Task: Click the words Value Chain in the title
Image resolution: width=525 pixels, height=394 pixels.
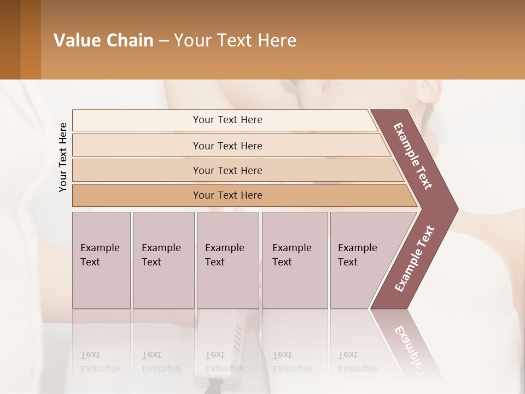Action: (103, 40)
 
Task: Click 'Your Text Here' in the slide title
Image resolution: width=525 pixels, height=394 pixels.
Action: (235, 40)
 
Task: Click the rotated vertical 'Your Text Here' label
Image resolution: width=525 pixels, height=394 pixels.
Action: (63, 157)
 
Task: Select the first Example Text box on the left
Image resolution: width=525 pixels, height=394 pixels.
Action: (101, 260)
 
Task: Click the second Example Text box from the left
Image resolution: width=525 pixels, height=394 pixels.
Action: (164, 260)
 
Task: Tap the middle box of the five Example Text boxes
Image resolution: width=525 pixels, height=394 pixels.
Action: (227, 260)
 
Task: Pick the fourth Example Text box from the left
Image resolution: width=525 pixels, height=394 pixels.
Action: (295, 260)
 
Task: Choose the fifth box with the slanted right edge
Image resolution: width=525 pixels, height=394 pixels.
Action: (361, 260)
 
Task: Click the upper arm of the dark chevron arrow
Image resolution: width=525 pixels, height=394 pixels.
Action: (413, 156)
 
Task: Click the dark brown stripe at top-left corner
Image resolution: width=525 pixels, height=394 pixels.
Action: (10, 39)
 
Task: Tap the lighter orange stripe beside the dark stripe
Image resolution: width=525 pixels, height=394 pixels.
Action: (31, 39)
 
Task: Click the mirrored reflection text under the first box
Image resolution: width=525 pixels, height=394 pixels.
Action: (100, 362)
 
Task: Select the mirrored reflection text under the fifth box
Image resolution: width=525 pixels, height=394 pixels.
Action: (357, 362)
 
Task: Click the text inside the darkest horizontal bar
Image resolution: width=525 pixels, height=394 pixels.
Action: (227, 195)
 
